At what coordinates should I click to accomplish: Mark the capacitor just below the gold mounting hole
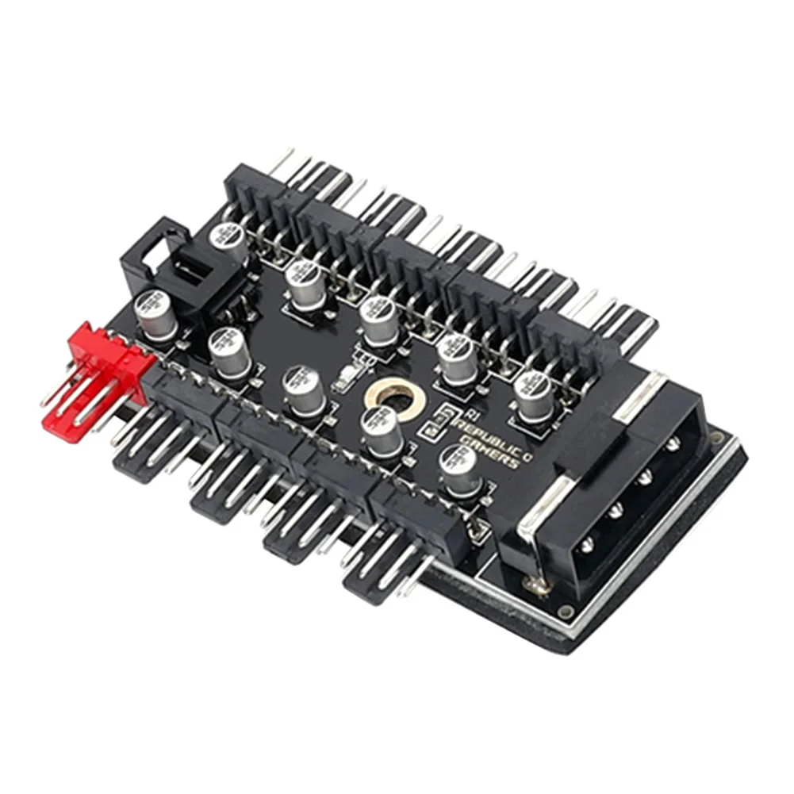[382, 428]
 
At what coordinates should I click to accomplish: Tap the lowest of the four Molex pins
[586, 547]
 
